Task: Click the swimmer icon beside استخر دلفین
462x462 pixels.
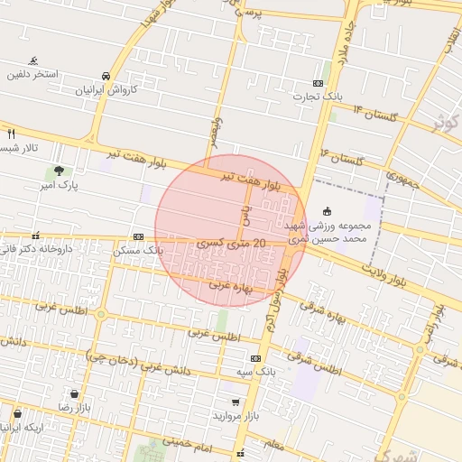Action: [x=34, y=61]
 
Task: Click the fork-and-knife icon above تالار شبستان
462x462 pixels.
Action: [x=11, y=134]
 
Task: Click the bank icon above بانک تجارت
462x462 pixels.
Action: [x=317, y=82]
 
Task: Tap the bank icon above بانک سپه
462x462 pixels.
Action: [x=255, y=357]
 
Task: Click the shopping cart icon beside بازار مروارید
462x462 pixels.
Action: [x=236, y=402]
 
